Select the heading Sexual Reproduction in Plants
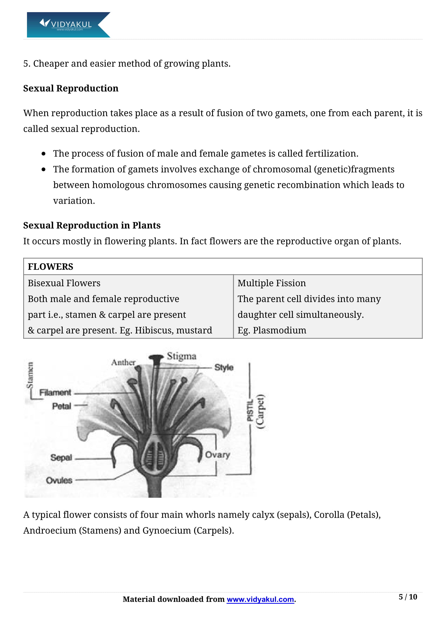coord(92,225)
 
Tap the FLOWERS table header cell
coord(50,267)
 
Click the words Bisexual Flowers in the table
coord(64,283)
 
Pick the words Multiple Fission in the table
coord(271,283)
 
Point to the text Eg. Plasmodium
coord(272,330)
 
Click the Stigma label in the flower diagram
coord(182,356)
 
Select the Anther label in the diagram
coord(123,363)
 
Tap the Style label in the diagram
coord(224,367)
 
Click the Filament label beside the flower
coord(55,393)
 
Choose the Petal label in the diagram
coord(62,406)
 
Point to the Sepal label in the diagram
coord(61,458)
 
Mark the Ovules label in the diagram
coord(59,480)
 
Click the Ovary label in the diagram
coord(217,455)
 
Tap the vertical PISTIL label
coord(250,410)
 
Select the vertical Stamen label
coord(30,375)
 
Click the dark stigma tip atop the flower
coord(156,358)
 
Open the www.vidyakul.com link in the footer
coord(260,599)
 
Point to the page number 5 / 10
coord(408,597)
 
